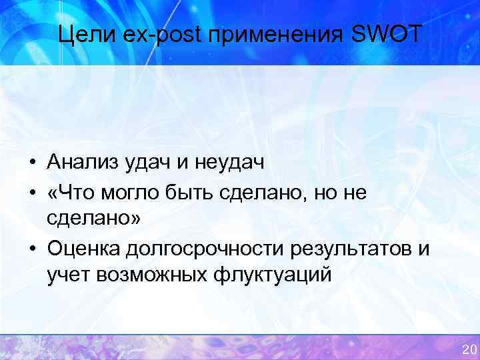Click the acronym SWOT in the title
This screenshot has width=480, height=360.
(x=387, y=33)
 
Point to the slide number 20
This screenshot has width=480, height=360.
(x=469, y=350)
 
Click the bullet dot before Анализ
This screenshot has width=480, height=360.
(x=32, y=162)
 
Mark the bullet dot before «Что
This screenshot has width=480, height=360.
(x=32, y=192)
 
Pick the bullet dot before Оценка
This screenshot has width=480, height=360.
(x=32, y=249)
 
